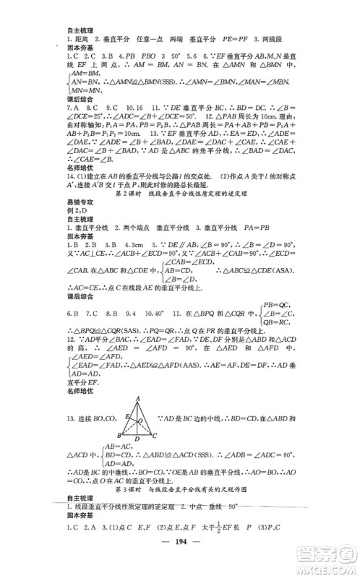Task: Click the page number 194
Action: pyautogui.click(x=181, y=564)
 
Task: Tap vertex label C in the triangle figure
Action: pyautogui.click(x=155, y=435)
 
